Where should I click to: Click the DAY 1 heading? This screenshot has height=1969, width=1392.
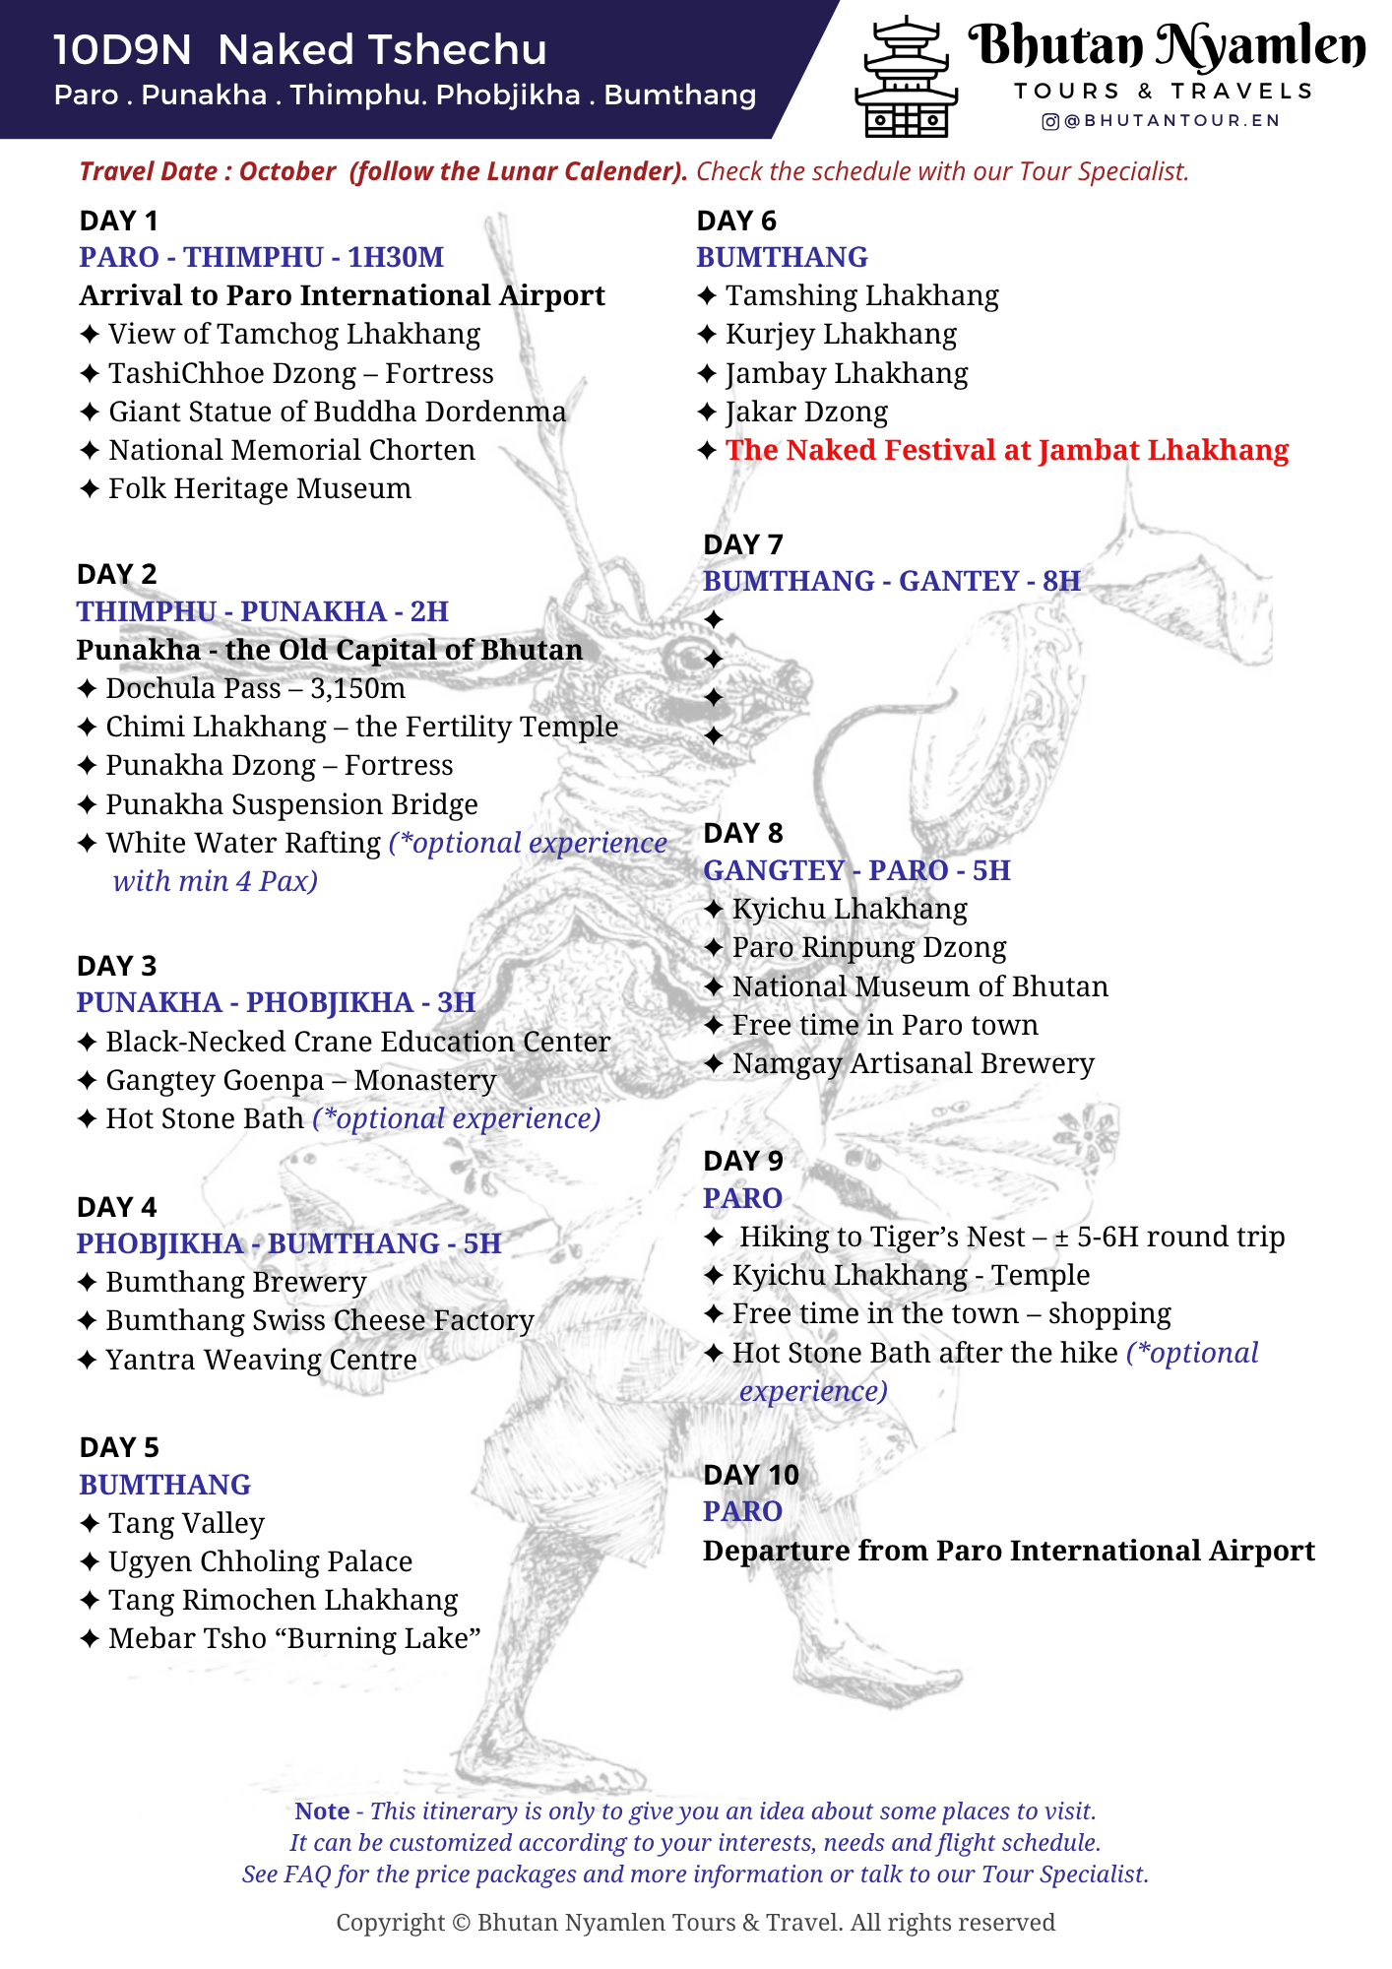tap(119, 221)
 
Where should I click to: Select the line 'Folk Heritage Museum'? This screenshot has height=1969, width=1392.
tap(259, 488)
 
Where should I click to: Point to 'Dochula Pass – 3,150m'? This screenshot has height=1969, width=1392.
tap(255, 688)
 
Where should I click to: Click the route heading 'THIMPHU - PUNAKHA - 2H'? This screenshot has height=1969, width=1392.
tap(263, 611)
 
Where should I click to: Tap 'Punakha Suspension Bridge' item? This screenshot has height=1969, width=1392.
tap(291, 804)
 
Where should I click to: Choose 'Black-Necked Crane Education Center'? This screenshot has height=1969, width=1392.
tap(357, 1042)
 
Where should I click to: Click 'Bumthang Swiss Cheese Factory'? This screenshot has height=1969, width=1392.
tap(320, 1320)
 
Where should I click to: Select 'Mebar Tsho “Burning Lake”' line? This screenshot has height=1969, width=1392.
tap(294, 1638)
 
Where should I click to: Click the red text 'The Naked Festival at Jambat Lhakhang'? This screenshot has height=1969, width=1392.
tap(1006, 450)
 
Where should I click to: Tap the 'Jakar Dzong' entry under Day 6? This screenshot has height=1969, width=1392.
tap(806, 412)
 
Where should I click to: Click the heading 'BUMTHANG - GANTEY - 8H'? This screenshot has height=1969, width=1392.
tap(892, 581)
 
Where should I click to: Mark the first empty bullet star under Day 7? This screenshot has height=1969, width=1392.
tap(714, 620)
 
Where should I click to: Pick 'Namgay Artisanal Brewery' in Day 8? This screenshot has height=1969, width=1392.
tap(913, 1063)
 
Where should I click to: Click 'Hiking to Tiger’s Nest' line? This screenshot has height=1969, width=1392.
tap(1010, 1237)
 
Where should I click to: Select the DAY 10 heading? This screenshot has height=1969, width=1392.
tap(751, 1475)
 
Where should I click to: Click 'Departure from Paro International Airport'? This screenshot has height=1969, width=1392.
tap(1008, 1551)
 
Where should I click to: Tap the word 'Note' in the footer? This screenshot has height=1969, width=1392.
tap(322, 1811)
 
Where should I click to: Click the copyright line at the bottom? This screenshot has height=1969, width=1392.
tap(695, 1923)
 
